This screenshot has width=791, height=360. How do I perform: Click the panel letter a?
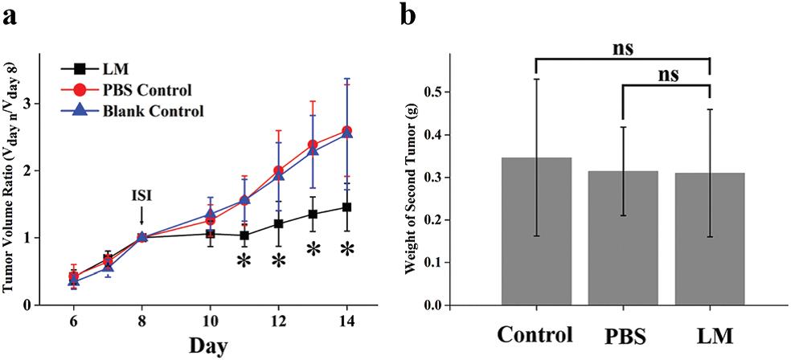point(11,16)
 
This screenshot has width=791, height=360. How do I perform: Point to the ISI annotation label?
point(141,195)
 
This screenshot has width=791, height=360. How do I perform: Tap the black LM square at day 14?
point(347,207)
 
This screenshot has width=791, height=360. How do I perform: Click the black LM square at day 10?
point(210,234)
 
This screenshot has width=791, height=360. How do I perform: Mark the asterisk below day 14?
point(347,251)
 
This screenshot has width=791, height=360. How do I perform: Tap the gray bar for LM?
point(709,239)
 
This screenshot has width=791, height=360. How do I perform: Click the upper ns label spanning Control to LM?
point(622,47)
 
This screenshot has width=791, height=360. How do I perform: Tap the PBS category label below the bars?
point(622,334)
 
